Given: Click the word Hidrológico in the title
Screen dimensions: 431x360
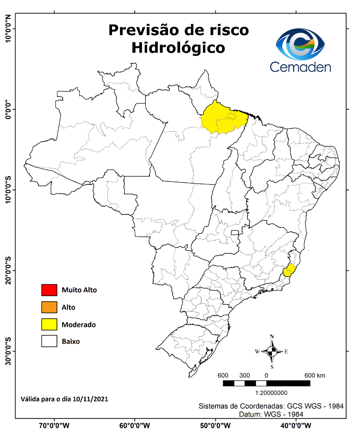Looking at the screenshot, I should [178, 47].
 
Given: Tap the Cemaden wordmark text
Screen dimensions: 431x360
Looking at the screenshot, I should [300, 66].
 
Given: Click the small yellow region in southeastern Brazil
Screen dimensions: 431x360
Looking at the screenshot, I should [289, 270].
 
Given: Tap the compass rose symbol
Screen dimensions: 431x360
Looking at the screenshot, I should [272, 352].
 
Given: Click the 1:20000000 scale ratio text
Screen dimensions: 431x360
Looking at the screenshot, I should [266, 393].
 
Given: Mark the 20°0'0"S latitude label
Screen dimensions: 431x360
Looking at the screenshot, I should [8, 271].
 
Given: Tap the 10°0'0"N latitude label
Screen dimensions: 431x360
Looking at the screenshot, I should [8, 29].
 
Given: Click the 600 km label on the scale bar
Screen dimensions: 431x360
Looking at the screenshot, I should [315, 376].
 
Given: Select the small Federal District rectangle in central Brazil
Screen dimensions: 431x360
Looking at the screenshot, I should [235, 233].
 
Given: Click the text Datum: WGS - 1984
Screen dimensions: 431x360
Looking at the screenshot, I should [271, 414].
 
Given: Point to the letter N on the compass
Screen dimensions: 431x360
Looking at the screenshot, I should [272, 336].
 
